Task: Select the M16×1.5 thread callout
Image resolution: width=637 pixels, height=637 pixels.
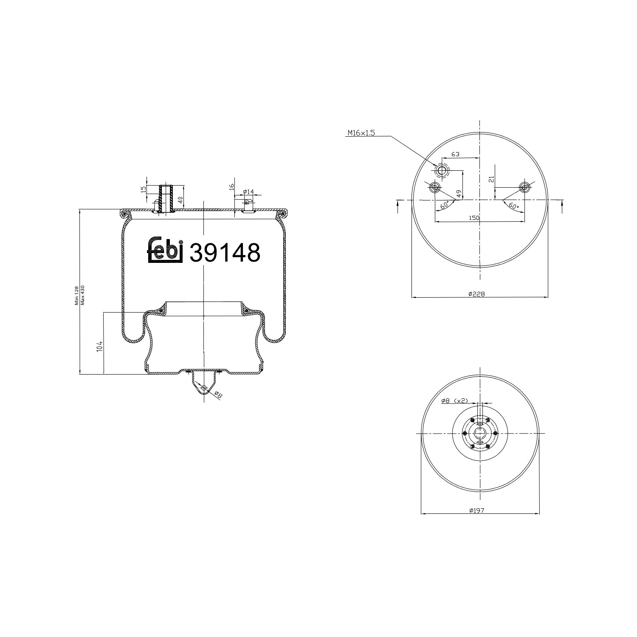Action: [x=361, y=133]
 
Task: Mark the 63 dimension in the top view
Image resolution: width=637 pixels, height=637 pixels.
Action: [x=455, y=154]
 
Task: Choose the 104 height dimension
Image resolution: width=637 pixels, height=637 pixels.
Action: [x=99, y=346]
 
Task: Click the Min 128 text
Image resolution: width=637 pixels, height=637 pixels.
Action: [x=77, y=295]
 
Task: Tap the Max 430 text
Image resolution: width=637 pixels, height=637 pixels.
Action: [x=83, y=295]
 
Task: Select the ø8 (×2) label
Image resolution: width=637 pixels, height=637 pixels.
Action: [x=454, y=400]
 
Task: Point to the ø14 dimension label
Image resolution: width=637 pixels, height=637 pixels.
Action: [x=248, y=192]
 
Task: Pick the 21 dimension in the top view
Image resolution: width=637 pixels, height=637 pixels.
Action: [x=491, y=179]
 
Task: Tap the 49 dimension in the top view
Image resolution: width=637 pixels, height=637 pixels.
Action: [x=459, y=193]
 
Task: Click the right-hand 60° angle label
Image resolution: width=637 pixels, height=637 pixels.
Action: [x=513, y=206]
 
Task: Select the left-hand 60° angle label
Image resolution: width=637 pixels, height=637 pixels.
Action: [x=445, y=206]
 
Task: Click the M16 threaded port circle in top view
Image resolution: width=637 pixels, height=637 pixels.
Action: [x=442, y=171]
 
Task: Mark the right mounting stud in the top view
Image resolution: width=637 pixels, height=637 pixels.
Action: [x=525, y=187]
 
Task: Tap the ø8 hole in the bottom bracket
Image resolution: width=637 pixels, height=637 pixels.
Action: [x=204, y=388]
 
